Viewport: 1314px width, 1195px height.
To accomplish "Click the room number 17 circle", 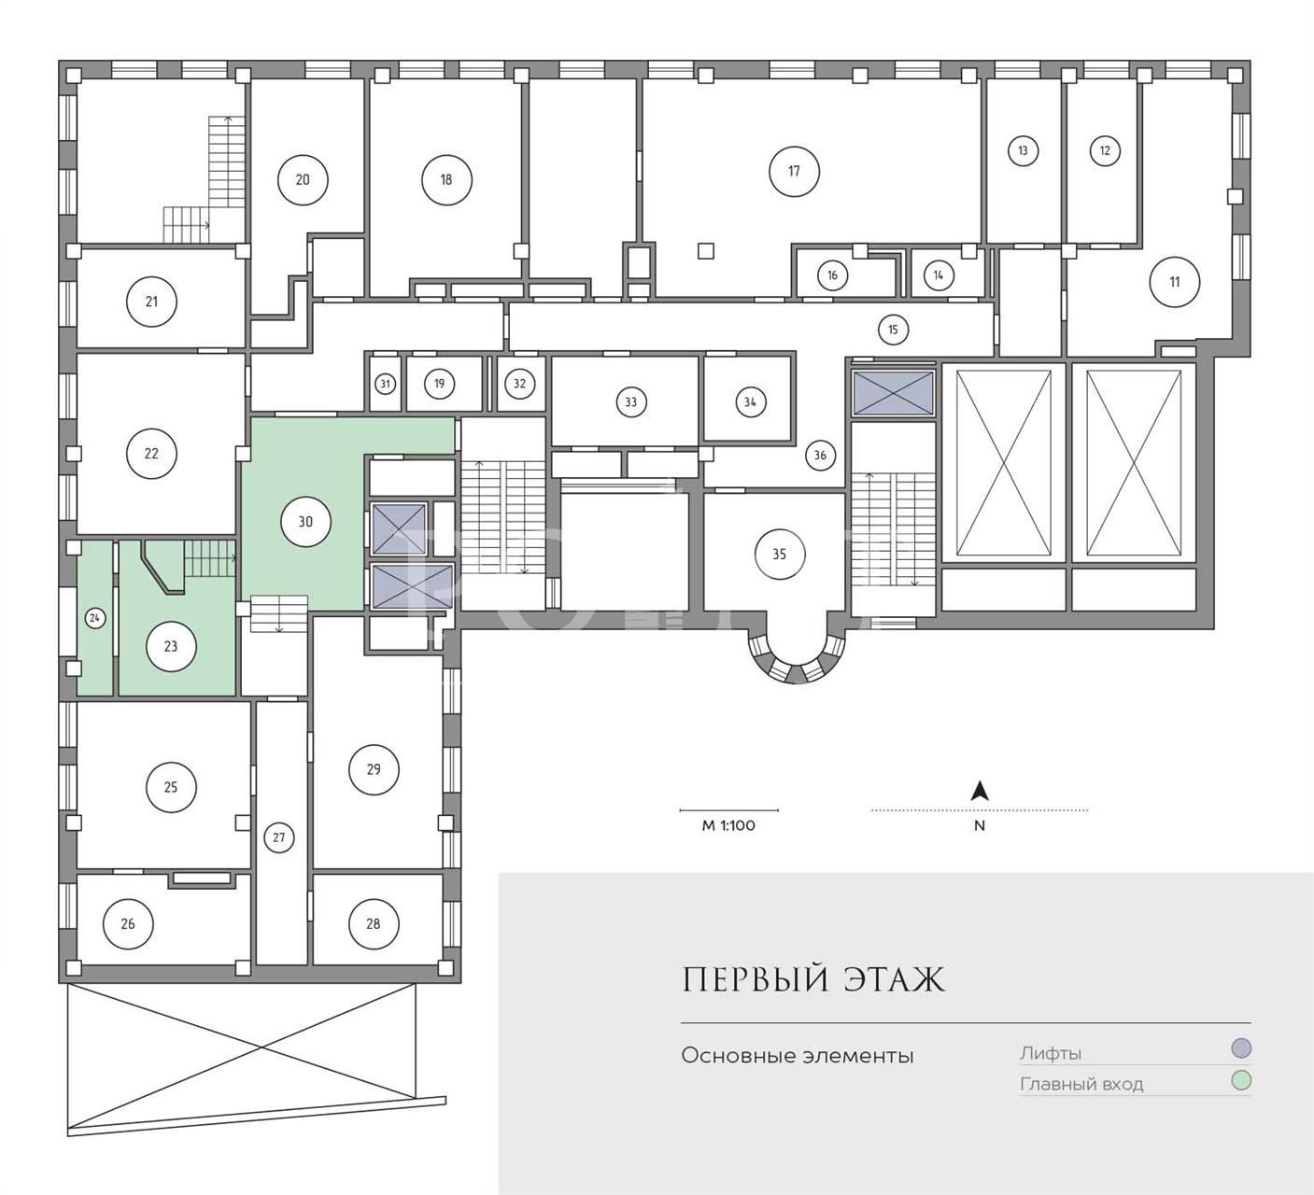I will coord(794,171).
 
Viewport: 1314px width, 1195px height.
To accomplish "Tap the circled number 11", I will coord(1174,281).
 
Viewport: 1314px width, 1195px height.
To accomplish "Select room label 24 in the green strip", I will coord(94,618).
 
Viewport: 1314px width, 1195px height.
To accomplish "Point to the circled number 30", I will coord(305,522).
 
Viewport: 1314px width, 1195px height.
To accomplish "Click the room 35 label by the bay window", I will coord(779,554).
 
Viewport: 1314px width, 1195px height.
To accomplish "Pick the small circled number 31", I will coord(385,384).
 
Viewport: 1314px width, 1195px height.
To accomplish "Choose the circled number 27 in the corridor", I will coord(278,837).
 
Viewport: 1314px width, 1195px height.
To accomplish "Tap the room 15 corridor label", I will coord(893,330).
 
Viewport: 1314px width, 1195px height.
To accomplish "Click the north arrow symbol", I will coord(980,792).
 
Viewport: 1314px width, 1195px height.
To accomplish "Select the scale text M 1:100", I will coord(728,825).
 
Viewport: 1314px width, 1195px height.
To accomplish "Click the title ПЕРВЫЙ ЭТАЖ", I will coord(813,980).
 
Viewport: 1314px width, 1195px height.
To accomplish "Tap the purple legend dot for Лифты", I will coord(1241,1048).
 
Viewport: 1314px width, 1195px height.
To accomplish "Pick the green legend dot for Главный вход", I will coord(1241,1081).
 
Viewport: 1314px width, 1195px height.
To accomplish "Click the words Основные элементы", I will coord(797,1056).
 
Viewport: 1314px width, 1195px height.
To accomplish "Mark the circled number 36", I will coord(820,456).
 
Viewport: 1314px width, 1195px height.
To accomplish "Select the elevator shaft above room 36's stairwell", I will coord(894,393).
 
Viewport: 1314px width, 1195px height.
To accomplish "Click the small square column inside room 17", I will coord(706,250).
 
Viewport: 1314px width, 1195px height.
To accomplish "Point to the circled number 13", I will coord(1023,150).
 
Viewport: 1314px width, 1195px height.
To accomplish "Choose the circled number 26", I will coord(128,923).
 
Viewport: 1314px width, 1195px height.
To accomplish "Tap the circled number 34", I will coord(750,402).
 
